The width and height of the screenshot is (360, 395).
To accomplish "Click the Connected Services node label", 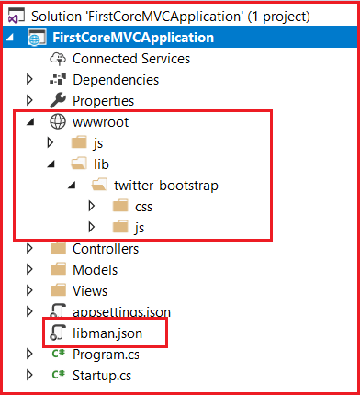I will (x=131, y=59).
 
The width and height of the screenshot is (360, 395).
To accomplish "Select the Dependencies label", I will (x=116, y=80).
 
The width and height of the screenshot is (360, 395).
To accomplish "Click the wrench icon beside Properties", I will (x=58, y=100).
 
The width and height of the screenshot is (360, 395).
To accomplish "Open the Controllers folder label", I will (x=106, y=248).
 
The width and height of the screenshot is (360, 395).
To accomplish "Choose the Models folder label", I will (x=96, y=269).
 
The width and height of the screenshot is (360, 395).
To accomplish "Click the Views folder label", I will (x=90, y=290).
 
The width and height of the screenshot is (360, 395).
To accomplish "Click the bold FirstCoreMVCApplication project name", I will (x=134, y=38).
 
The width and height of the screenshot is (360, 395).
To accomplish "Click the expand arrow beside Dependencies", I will (x=31, y=80).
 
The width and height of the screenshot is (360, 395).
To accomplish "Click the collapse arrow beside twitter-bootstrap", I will (x=71, y=185).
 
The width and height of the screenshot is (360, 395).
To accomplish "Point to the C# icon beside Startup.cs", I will (x=57, y=374).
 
